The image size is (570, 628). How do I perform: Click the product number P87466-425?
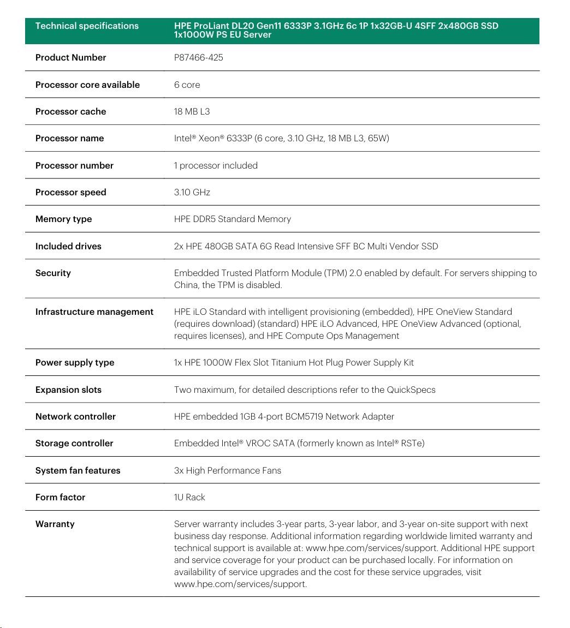(198, 58)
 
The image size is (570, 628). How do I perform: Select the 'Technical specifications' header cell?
(87, 26)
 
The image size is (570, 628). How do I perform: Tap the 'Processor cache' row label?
(70, 111)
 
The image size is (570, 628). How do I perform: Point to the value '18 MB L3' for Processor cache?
(192, 111)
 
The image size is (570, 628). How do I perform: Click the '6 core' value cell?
(187, 85)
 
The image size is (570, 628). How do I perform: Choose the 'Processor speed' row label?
(70, 192)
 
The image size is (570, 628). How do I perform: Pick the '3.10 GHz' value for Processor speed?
(192, 192)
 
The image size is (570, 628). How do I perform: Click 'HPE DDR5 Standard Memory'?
(232, 219)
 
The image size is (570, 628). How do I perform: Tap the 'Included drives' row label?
(68, 246)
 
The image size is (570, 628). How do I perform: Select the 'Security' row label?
(53, 273)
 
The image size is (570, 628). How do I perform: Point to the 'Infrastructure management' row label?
(94, 312)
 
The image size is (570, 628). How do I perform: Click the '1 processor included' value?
(216, 165)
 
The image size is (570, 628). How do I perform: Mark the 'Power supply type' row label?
(75, 362)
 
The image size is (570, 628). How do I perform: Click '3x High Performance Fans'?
(227, 470)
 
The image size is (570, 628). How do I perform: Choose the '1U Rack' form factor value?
(189, 497)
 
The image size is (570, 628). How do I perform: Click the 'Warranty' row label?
(55, 524)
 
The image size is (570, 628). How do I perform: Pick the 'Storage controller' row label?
(74, 443)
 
